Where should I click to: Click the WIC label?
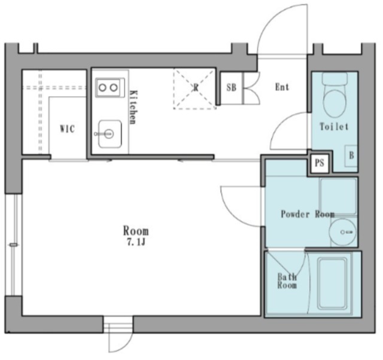coord(68,129)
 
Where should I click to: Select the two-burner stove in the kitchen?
coord(110,87)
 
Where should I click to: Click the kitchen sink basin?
coord(110,134)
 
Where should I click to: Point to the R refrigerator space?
coord(195,89)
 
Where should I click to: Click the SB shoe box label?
coord(232,88)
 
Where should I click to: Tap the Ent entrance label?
coord(282,87)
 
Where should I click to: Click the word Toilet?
coord(334,127)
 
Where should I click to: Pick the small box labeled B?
coord(351,155)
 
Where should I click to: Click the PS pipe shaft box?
coord(320,163)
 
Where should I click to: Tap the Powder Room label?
coord(308,214)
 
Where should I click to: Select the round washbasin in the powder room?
coord(342,232)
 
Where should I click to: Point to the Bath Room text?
coord(287,281)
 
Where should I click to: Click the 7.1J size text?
coord(136,242)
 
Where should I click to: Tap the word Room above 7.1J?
coord(136,231)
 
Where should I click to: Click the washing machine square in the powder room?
coord(339,197)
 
